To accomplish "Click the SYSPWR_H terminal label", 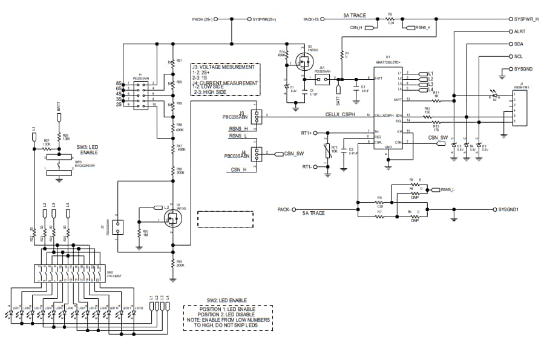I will pos(527,19).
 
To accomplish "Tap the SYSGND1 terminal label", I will pos(512,210).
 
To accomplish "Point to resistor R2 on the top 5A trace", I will pos(391,19).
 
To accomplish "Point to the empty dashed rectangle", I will pos(224,218).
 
